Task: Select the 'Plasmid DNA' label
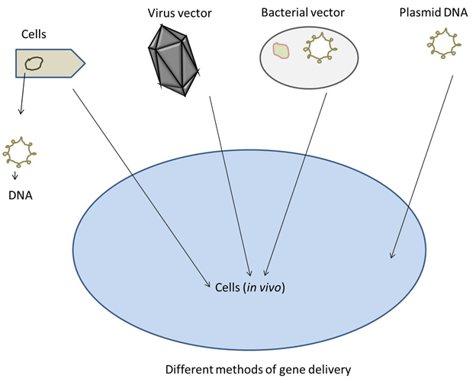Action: coord(428,13)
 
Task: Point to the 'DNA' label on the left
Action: coord(21,196)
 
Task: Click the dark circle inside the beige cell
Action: coord(33,63)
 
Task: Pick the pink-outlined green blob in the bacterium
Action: coord(281,51)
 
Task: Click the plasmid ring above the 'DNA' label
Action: coord(21,152)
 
